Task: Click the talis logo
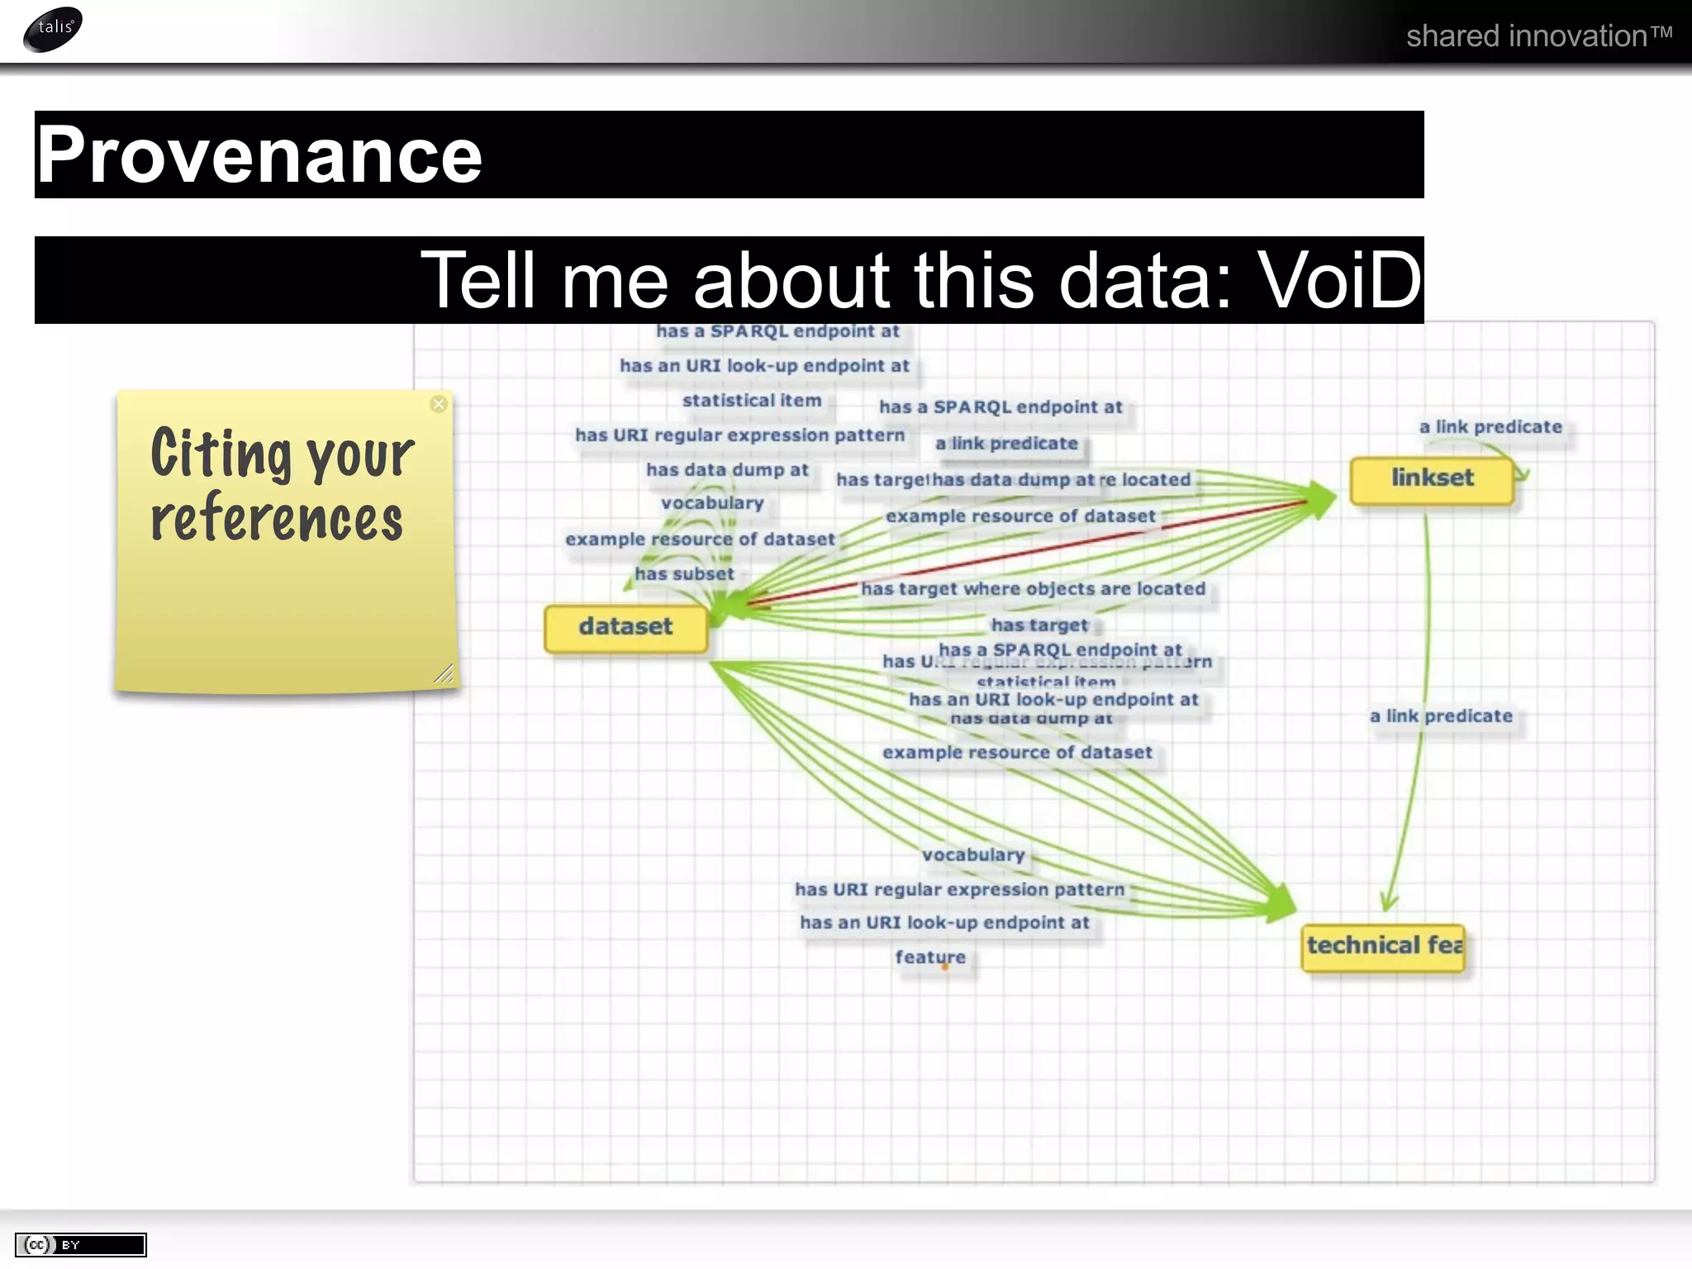coord(54,29)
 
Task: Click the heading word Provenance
coord(259,155)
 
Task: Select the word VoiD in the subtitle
coord(1338,281)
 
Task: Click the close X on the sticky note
coord(439,404)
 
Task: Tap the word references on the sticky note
coord(277,518)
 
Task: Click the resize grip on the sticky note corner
coord(444,674)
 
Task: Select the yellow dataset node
coord(625,627)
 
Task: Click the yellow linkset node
coord(1432,478)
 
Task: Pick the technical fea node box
coord(1384,946)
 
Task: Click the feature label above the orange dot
coord(930,957)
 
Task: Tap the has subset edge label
coord(684,574)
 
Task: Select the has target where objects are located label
coord(1033,589)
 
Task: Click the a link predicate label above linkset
coord(1490,427)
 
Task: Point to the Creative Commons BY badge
coord(81,1244)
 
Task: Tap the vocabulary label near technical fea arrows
coord(973,855)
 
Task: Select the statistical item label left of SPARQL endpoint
coord(752,401)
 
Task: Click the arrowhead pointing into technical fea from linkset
coord(1389,903)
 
